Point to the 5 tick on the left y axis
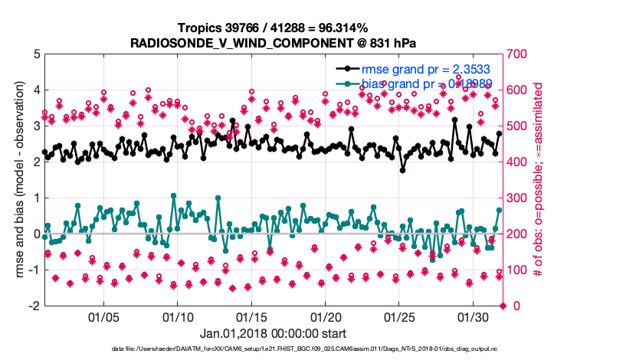coord(36,54)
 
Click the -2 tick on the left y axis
coord(34,306)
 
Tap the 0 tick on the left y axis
coord(36,234)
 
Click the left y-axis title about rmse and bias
coord(17,180)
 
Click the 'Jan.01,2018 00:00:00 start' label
coord(273,333)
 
